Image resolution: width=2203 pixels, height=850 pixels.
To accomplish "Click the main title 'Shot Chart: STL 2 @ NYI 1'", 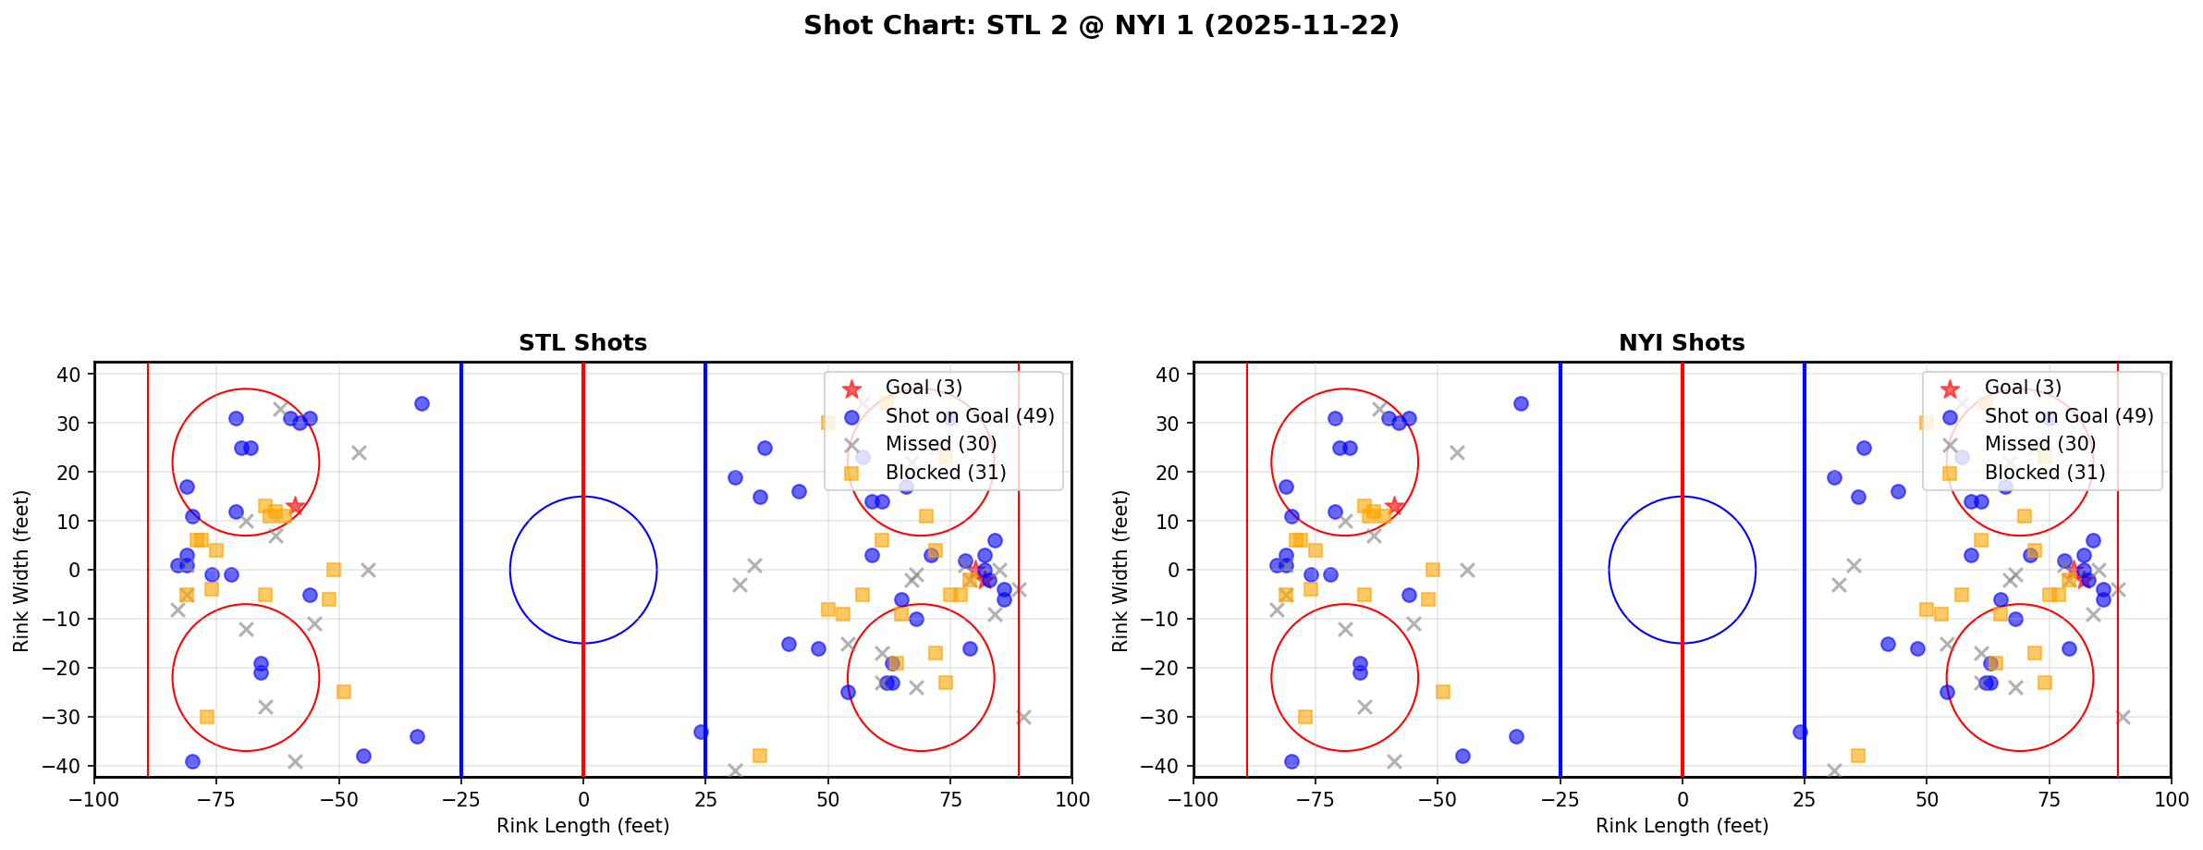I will coord(1101,26).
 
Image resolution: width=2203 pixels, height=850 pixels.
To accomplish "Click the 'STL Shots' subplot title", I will coord(582,343).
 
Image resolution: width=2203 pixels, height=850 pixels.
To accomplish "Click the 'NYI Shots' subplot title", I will coord(1682,343).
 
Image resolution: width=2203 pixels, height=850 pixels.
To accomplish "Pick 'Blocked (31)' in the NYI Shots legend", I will coord(2044,473).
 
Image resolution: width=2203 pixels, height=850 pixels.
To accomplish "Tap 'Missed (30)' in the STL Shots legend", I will coord(940,444).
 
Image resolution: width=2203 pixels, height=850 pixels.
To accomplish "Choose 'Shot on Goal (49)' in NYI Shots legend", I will coord(2068,416).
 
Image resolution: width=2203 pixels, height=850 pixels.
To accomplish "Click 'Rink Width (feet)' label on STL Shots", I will coord(21,571).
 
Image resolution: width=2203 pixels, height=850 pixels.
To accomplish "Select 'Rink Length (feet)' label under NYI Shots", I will coord(1682,826).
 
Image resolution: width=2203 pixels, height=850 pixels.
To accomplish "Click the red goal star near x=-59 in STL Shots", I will coord(295,506).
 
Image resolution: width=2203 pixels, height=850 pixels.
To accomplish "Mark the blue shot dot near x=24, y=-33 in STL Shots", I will coord(701,732).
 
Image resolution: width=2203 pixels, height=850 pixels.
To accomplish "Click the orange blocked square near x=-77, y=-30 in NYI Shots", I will coord(1305,717).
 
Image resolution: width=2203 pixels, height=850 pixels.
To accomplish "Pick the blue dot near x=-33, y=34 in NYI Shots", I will coord(1521,403).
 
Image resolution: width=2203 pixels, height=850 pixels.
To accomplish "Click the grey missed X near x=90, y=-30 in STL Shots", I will coord(1023,717).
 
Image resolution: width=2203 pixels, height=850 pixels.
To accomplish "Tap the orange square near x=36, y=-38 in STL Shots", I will coord(759,756).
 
